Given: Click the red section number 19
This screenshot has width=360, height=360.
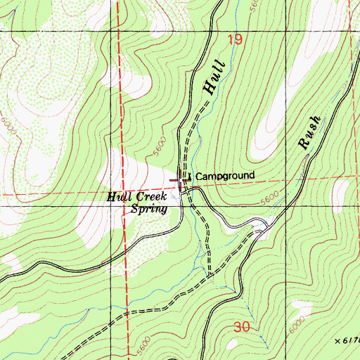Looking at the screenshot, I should [235, 40].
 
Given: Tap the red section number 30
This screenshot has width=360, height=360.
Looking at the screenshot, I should [242, 328].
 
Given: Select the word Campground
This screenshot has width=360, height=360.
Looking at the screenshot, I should [224, 176].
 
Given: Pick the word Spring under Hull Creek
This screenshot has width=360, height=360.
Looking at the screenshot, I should [148, 209].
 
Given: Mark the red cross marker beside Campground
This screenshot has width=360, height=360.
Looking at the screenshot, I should [181, 181].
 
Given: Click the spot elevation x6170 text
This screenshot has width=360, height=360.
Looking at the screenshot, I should [349, 340].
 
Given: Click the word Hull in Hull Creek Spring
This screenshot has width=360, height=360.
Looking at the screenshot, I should [120, 198].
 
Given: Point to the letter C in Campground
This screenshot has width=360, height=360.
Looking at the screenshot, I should [198, 176].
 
